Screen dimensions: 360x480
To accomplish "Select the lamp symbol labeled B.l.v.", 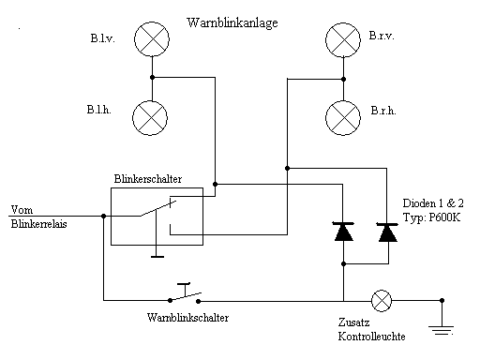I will pyautogui.click(x=151, y=39).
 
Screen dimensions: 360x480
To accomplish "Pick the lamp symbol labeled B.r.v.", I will pyautogui.click(x=342, y=39).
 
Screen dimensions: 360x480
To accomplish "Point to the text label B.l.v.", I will pyautogui.click(x=102, y=38).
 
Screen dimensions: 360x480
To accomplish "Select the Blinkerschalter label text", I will pyautogui.click(x=147, y=177).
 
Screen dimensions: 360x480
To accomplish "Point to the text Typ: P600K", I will pyautogui.click(x=432, y=217).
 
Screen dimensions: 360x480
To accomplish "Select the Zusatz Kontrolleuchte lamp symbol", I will pyautogui.click(x=382, y=300).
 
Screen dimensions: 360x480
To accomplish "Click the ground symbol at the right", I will pyautogui.click(x=442, y=325).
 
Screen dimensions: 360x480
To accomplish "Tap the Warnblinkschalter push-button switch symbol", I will pyautogui.click(x=185, y=294).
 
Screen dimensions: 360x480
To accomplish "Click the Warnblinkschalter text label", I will pyautogui.click(x=187, y=318).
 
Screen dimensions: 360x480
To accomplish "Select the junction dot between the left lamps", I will pyautogui.click(x=151, y=78).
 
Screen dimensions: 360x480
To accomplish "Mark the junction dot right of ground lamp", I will pyautogui.click(x=442, y=301).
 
